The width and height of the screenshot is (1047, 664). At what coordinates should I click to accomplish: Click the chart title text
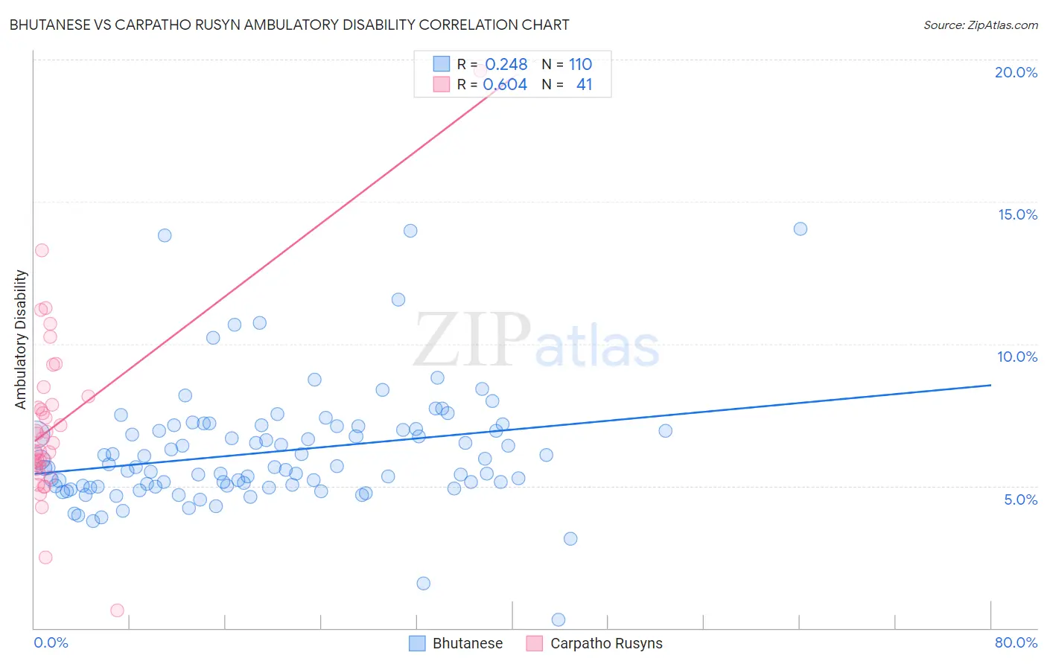coord(289,25)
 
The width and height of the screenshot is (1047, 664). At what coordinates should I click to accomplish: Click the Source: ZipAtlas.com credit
coord(980,25)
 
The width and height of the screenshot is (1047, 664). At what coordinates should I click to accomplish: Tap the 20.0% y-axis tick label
coord(1016,72)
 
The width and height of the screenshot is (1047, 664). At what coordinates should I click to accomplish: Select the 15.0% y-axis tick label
coord(1017,214)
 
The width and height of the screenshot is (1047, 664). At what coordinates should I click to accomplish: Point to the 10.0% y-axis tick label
coord(1017,357)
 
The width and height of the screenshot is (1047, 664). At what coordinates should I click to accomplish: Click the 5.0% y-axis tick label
coord(1020,499)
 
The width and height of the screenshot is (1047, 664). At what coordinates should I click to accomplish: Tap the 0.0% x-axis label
coord(51,642)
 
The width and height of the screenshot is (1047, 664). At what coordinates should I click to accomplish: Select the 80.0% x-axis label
coord(1016,642)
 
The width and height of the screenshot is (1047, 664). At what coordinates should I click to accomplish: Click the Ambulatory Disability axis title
coord(21,339)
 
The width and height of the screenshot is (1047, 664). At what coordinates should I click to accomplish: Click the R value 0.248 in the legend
coord(506,65)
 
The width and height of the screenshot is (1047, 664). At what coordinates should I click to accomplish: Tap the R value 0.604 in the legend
coord(505,85)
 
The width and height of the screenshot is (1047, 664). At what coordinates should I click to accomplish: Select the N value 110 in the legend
coord(580,65)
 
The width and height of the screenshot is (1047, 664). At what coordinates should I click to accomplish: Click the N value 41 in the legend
coord(584,85)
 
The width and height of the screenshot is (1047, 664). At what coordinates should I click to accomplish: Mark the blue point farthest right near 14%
coord(801,229)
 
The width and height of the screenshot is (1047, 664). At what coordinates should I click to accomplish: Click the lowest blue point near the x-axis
coord(558,619)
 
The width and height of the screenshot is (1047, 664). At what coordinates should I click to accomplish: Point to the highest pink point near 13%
coord(42,250)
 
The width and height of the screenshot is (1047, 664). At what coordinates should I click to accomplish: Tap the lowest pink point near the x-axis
coord(117,610)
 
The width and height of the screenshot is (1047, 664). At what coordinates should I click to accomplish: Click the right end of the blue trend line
coord(990,385)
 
